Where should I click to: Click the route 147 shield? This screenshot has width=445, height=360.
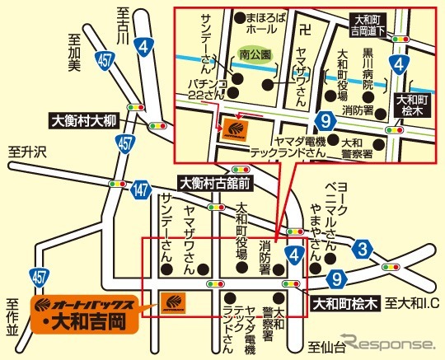[x=141, y=190]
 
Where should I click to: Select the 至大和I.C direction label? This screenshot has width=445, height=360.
[x=412, y=303]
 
